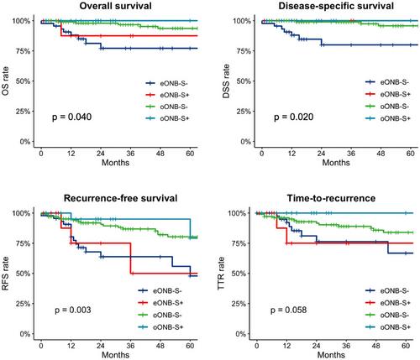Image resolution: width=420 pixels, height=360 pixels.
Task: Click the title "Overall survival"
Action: click(115, 6)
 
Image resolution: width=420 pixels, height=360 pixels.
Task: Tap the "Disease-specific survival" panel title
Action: click(336, 6)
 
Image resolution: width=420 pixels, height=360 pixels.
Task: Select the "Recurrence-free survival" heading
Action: click(120, 198)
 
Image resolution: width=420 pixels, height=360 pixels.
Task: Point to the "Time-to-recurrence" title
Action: click(331, 198)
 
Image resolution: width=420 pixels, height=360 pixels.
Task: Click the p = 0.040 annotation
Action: click(71, 117)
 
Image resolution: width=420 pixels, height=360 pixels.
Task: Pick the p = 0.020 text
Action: click(293, 117)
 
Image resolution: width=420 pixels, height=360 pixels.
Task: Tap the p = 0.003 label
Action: click(73, 310)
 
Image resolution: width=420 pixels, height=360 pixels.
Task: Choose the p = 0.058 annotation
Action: click(288, 310)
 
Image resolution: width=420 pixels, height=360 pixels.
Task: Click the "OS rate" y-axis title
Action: click(5, 81)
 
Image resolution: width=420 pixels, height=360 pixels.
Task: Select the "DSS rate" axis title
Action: click(226, 81)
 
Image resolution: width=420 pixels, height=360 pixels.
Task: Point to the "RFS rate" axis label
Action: click(5, 274)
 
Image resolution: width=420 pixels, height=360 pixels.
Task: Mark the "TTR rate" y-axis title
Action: click(221, 274)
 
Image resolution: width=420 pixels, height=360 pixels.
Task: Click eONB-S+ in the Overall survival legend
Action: click(175, 95)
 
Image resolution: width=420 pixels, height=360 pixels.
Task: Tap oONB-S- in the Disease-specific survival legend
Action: click(395, 107)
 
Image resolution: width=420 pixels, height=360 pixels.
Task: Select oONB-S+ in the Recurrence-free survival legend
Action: click(168, 327)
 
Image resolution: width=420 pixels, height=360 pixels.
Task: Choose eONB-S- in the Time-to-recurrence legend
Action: click(395, 291)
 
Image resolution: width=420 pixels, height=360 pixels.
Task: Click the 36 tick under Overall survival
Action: click(130, 154)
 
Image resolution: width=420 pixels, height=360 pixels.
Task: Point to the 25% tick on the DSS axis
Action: click(244, 112)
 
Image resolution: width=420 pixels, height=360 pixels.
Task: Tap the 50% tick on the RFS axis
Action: click(23, 274)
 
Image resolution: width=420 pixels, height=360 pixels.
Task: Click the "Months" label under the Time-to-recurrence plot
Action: click(331, 355)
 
